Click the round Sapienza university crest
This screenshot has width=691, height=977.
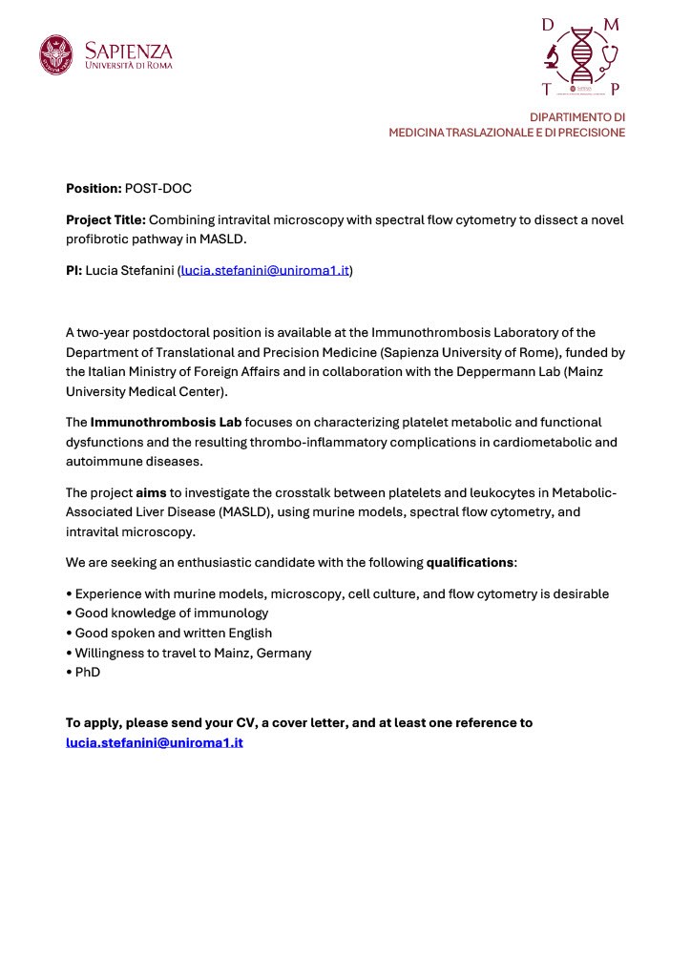(x=55, y=54)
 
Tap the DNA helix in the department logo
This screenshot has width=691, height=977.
(x=580, y=56)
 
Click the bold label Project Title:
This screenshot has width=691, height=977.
(x=105, y=219)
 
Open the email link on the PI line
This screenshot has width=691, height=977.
(x=265, y=271)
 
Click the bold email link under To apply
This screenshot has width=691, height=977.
(x=155, y=742)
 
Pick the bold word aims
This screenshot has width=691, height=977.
(x=151, y=492)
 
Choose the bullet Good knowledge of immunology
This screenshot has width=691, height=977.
(x=171, y=613)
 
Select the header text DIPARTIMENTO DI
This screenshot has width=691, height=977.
(x=577, y=116)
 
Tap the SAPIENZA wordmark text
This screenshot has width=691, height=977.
(x=129, y=50)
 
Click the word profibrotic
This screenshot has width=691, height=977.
(x=98, y=239)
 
